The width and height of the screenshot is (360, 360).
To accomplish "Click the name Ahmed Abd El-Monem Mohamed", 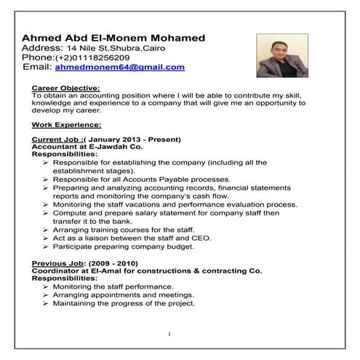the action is [x=113, y=38].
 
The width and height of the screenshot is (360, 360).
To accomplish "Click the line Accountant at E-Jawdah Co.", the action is [x=82, y=147].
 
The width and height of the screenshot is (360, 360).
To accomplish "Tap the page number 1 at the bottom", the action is [x=169, y=335].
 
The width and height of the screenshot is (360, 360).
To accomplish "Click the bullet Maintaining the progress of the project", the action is [x=124, y=304].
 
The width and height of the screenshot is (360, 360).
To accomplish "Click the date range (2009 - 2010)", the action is [x=116, y=261].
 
